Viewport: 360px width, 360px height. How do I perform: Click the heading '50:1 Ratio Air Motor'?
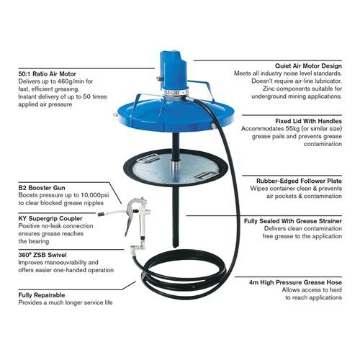pyautogui.click(x=47, y=73)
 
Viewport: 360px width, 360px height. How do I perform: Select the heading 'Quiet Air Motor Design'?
pyautogui.click(x=308, y=66)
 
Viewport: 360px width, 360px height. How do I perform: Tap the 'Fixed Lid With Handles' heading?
pyautogui.click(x=309, y=121)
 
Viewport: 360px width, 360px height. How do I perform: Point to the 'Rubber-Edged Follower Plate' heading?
pyautogui.click(x=299, y=181)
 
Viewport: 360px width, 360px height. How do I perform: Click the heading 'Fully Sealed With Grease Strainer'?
pyautogui.click(x=293, y=221)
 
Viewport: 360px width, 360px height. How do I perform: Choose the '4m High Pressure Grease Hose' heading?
pyautogui.click(x=295, y=282)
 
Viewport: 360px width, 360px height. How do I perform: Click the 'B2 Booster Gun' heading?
pyautogui.click(x=42, y=188)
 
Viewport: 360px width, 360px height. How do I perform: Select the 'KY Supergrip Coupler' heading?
pyautogui.click(x=50, y=218)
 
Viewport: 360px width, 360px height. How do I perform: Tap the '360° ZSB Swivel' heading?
pyautogui.click(x=42, y=255)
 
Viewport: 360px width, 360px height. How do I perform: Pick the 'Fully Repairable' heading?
pyautogui.click(x=42, y=295)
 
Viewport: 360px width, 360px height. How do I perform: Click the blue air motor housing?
pyautogui.click(x=174, y=71)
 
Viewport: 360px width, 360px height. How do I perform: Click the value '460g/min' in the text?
pyautogui.click(x=68, y=81)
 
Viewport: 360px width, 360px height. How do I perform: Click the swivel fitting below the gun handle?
pyautogui.click(x=138, y=247)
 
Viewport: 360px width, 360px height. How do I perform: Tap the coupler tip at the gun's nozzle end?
pyautogui.click(x=101, y=214)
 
